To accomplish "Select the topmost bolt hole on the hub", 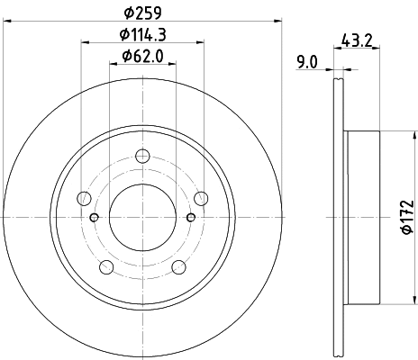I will tap(141, 158).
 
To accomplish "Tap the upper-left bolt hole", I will tap(86, 198).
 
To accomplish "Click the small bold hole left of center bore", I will tap(95, 217).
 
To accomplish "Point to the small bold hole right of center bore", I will tap(188, 217).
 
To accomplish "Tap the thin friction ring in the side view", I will tap(341, 216).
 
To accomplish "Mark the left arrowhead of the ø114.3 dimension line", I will tap(84, 42).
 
